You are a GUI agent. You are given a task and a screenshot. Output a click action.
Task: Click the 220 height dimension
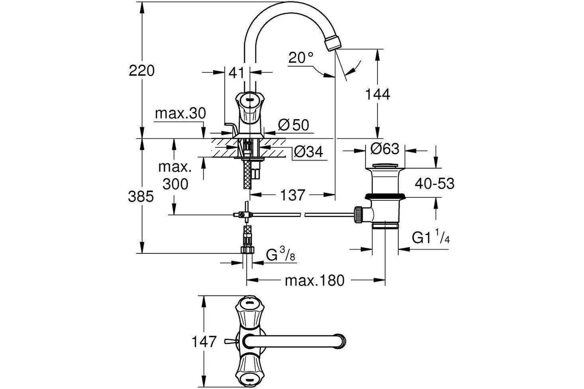142,71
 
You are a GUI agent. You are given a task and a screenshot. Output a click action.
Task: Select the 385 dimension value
141,196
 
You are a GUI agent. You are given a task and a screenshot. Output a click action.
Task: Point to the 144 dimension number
378,94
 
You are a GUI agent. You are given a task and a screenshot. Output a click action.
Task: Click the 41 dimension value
237,72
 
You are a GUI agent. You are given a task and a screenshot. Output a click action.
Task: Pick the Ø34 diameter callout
309,151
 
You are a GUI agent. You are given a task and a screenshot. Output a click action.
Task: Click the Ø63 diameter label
384,149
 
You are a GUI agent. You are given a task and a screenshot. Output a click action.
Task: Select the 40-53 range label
435,183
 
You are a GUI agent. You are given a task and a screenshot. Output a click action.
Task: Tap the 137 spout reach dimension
292,195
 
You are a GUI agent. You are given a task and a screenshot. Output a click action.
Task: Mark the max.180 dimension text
315,281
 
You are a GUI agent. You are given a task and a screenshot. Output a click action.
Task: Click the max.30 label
181,113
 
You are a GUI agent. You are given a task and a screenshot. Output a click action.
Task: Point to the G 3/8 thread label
281,254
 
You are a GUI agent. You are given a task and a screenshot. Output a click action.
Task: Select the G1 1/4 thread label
431,236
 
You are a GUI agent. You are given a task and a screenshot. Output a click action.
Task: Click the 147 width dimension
204,341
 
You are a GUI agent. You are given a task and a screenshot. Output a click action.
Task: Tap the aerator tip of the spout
333,45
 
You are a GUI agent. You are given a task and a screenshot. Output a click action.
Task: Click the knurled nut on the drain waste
358,214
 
